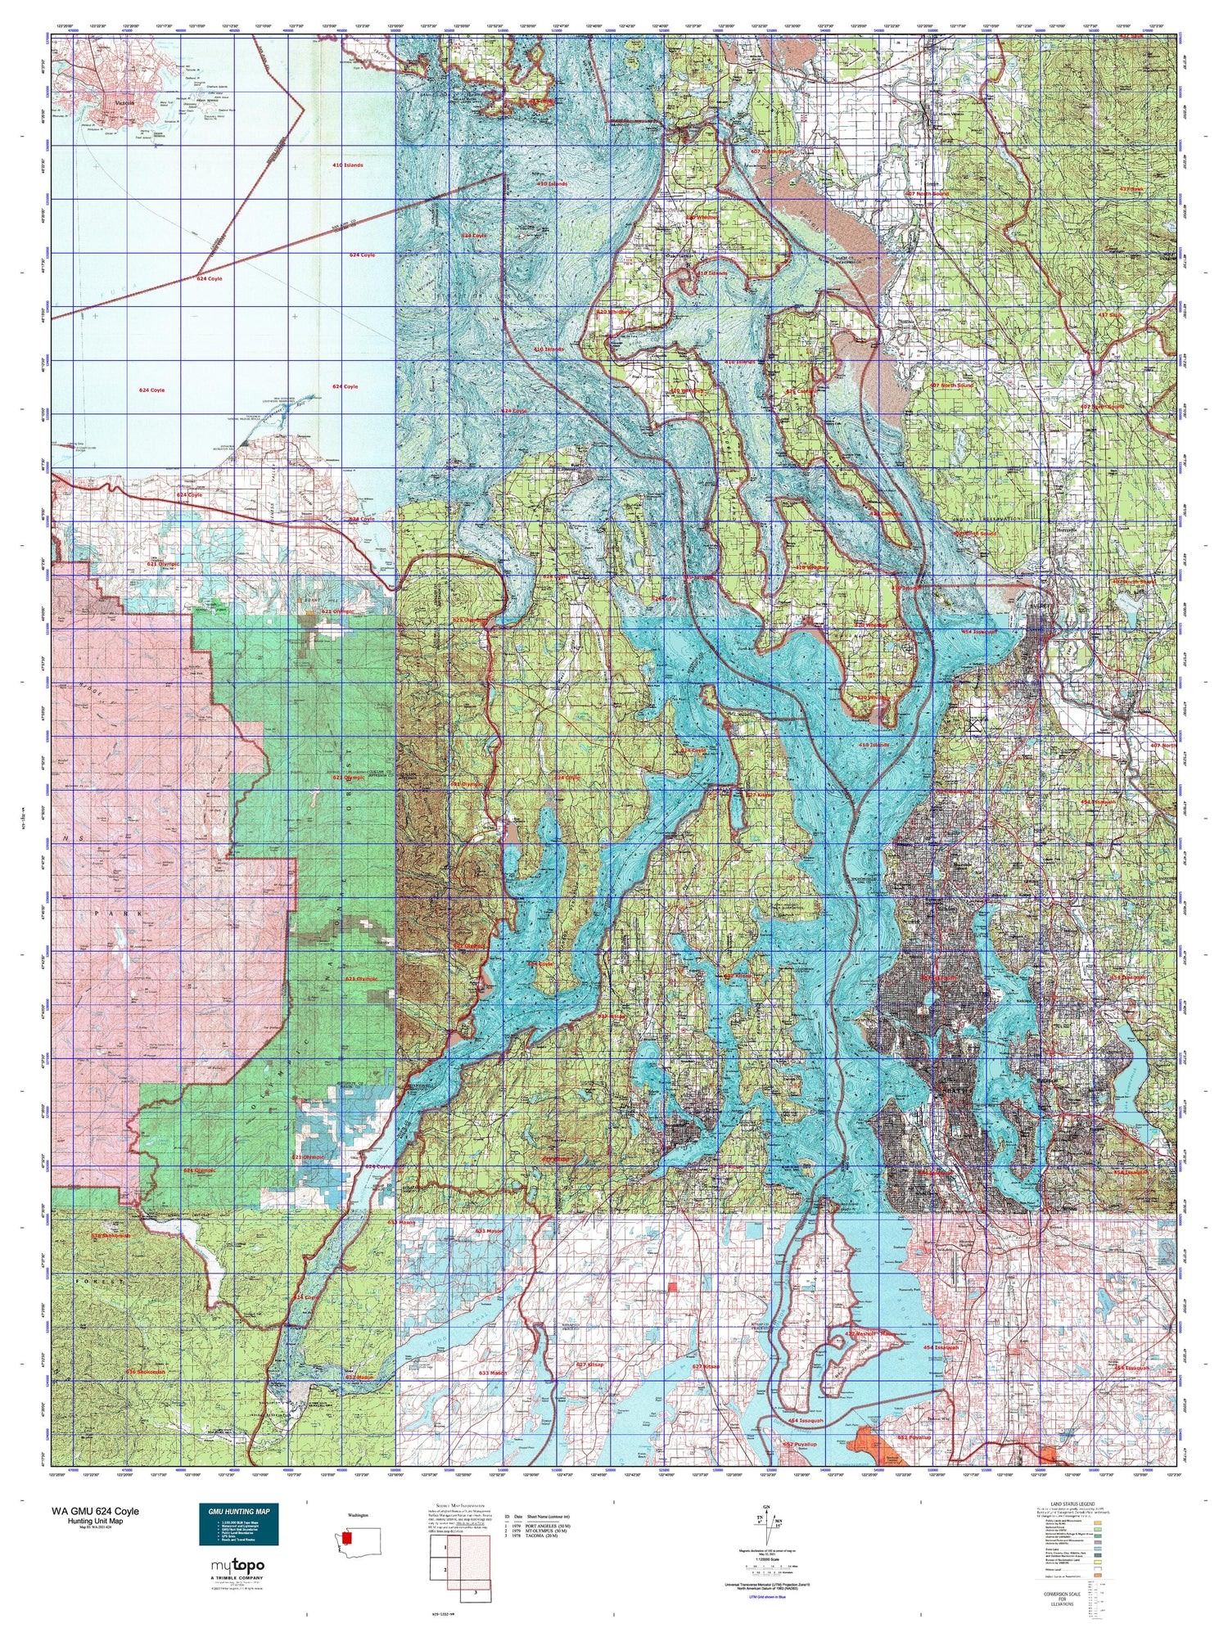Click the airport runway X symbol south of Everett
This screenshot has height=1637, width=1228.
[973, 724]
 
